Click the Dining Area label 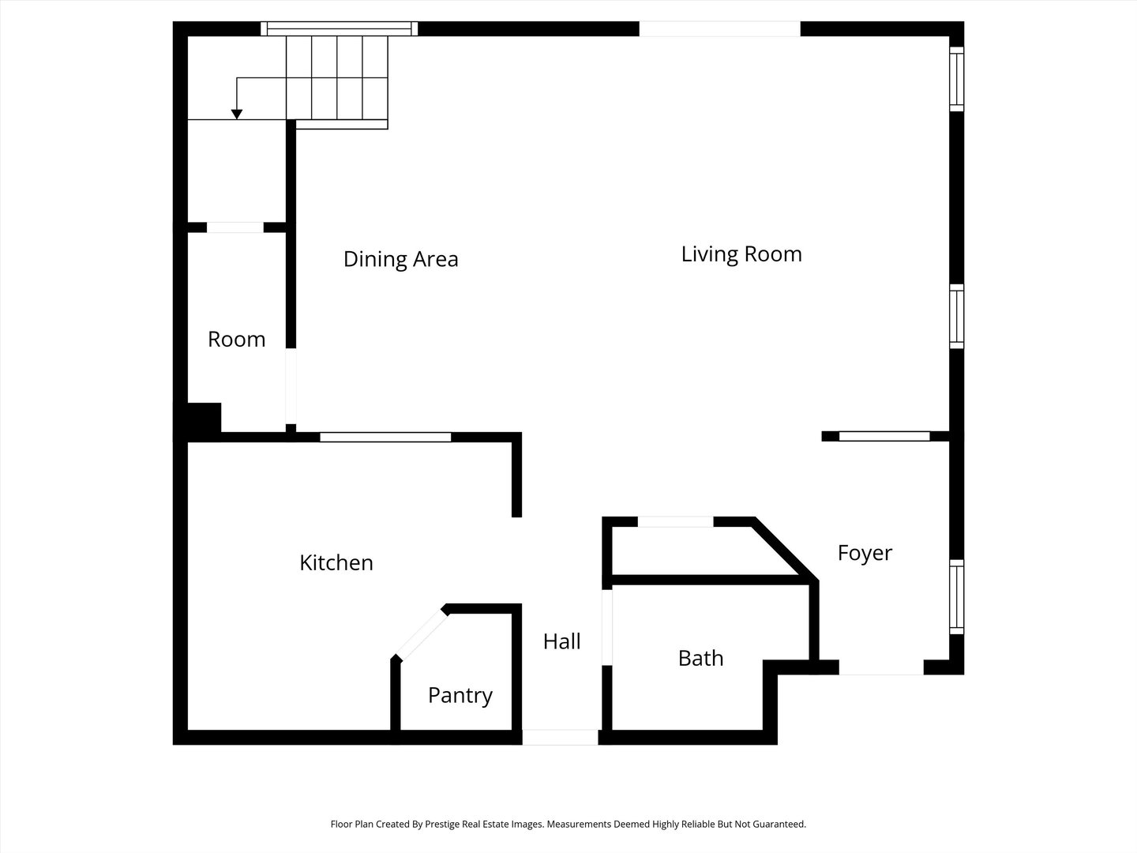(x=400, y=259)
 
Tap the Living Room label (x=741, y=254)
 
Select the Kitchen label (x=336, y=562)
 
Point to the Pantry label (x=460, y=695)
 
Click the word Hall (x=562, y=641)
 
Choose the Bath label (x=700, y=658)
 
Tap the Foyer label (x=865, y=553)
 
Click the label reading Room (x=236, y=340)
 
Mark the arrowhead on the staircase (x=237, y=115)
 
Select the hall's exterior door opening (x=561, y=738)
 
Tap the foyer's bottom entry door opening (x=881, y=668)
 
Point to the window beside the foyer (x=956, y=597)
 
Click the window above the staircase (x=340, y=29)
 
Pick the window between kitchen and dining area (x=385, y=437)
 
